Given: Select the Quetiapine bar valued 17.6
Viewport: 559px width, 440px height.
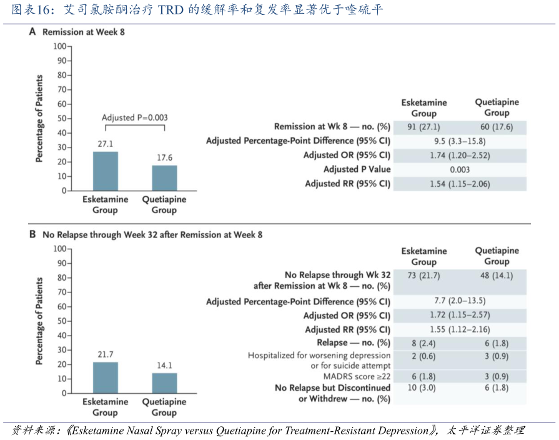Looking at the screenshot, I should [x=164, y=177].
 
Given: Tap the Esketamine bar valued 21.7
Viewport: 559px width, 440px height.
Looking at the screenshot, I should [x=106, y=377].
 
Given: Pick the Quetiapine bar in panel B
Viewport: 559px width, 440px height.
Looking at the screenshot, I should [x=164, y=383].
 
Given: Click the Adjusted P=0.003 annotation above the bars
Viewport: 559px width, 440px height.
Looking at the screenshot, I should [x=134, y=117].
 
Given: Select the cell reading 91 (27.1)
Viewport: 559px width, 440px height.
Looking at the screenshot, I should [x=424, y=127].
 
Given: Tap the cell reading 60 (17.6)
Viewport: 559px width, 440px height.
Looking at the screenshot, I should [x=497, y=127].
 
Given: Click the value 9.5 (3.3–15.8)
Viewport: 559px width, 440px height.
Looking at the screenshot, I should [x=459, y=141].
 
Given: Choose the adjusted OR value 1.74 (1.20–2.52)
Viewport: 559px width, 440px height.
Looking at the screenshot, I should [x=460, y=155].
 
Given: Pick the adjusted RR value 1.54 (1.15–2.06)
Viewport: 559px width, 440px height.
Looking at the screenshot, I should [x=460, y=184].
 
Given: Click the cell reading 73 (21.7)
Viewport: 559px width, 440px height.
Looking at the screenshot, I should [x=424, y=276].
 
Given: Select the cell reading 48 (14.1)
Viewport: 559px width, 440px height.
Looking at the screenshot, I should [x=497, y=276].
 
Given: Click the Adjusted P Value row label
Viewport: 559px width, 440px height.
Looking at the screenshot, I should [x=357, y=169].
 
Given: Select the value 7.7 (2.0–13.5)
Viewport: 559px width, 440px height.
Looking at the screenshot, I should [x=460, y=302].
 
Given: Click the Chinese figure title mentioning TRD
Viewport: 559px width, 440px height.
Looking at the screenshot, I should [x=197, y=11].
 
